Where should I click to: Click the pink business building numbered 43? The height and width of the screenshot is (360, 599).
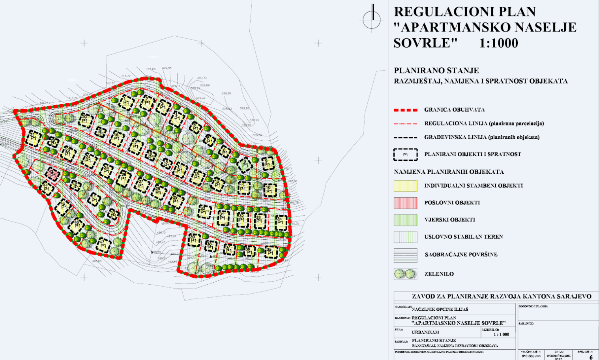point(52,173)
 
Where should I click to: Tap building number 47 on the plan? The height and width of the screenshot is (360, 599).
point(103,245)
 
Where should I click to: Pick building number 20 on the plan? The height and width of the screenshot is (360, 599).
point(85,119)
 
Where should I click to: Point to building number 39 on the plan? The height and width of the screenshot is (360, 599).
point(193,239)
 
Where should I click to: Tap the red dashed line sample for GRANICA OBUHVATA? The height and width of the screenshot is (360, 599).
point(405,110)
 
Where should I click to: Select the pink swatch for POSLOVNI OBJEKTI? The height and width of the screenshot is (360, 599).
point(405,203)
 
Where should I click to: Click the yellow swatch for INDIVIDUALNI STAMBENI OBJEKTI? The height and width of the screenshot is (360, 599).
point(405,186)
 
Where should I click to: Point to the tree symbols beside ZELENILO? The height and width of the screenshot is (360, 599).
point(405,274)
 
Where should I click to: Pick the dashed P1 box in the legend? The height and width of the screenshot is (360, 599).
point(405,155)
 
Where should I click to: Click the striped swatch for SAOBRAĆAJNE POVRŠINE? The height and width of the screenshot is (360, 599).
point(405,255)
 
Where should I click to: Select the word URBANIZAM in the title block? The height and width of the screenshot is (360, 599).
point(425,332)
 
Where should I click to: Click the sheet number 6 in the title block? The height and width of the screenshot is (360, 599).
point(591,357)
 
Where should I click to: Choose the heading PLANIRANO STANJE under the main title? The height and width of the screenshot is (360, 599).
point(436,71)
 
